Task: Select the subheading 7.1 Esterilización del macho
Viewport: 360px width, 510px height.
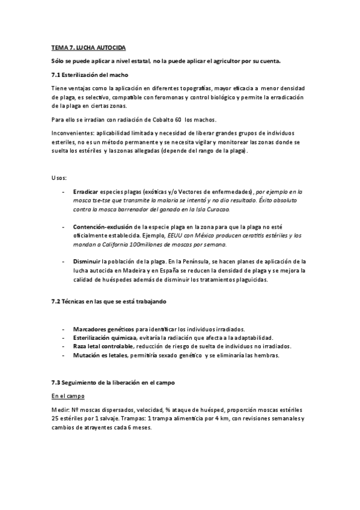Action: point(89,75)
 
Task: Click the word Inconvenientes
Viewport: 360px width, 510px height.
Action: point(73,133)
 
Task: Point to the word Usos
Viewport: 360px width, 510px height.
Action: point(59,178)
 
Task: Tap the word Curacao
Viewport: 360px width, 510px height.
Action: point(216,209)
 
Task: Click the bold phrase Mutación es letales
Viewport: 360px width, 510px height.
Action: point(100,355)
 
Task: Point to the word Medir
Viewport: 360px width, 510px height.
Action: point(59,410)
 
